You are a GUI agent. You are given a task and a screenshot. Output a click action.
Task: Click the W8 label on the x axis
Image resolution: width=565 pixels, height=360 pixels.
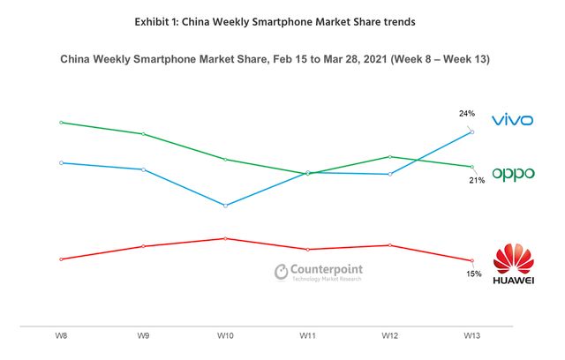(x=60, y=336)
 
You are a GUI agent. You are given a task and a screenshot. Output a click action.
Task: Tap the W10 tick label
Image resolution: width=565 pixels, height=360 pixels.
(x=225, y=336)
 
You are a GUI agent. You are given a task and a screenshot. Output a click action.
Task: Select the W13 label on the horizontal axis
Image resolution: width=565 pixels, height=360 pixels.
(x=473, y=336)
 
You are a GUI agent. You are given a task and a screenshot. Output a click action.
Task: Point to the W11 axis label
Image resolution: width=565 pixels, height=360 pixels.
(x=308, y=336)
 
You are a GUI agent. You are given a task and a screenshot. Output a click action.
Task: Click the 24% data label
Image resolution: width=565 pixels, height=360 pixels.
(x=467, y=113)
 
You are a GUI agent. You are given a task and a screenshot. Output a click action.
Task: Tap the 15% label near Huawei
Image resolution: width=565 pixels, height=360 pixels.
(x=474, y=274)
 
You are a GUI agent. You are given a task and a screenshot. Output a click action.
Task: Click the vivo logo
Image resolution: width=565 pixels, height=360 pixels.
(x=513, y=119)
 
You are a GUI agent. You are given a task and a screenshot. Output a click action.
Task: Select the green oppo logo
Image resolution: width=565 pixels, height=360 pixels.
(x=513, y=174)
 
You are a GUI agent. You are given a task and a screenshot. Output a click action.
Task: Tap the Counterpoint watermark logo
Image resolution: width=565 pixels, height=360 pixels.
(x=319, y=272)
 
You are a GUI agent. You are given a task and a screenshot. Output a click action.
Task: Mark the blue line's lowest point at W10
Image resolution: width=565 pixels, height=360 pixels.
(x=225, y=206)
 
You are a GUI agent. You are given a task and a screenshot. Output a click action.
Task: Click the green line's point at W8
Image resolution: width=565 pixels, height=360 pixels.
(x=60, y=123)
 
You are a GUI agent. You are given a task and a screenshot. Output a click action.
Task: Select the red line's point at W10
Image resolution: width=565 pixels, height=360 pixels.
(x=225, y=238)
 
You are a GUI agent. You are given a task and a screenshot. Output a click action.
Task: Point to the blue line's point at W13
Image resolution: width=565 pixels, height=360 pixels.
(x=473, y=132)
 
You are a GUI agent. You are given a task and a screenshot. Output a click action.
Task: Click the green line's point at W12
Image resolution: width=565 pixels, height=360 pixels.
(x=390, y=157)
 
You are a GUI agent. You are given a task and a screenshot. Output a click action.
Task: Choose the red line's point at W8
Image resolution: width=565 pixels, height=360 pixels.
(x=60, y=259)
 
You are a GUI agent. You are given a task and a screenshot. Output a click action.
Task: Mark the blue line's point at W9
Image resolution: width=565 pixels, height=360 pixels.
(x=143, y=169)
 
